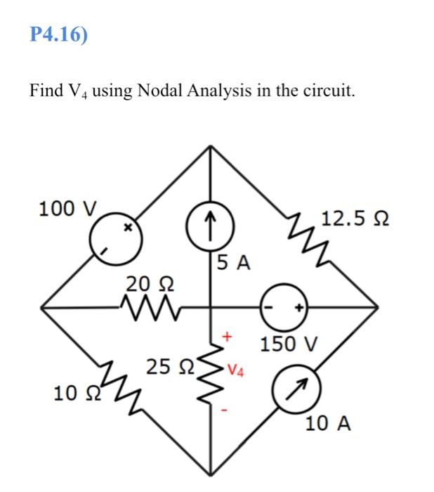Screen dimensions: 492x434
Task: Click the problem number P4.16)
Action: point(60,34)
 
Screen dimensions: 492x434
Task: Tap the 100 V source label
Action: point(70,209)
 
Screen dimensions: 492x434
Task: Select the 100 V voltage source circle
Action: point(115,240)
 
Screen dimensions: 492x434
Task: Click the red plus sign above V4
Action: point(226,338)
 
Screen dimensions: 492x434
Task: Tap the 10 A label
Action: point(327,424)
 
